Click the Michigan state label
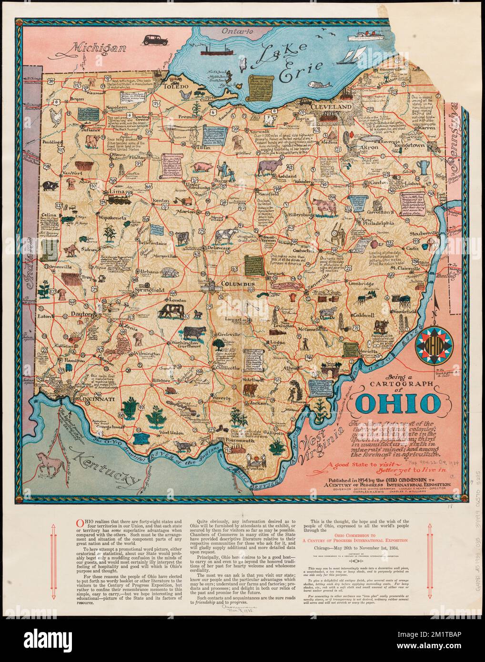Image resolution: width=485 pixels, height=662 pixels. pyautogui.click(x=99, y=48)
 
